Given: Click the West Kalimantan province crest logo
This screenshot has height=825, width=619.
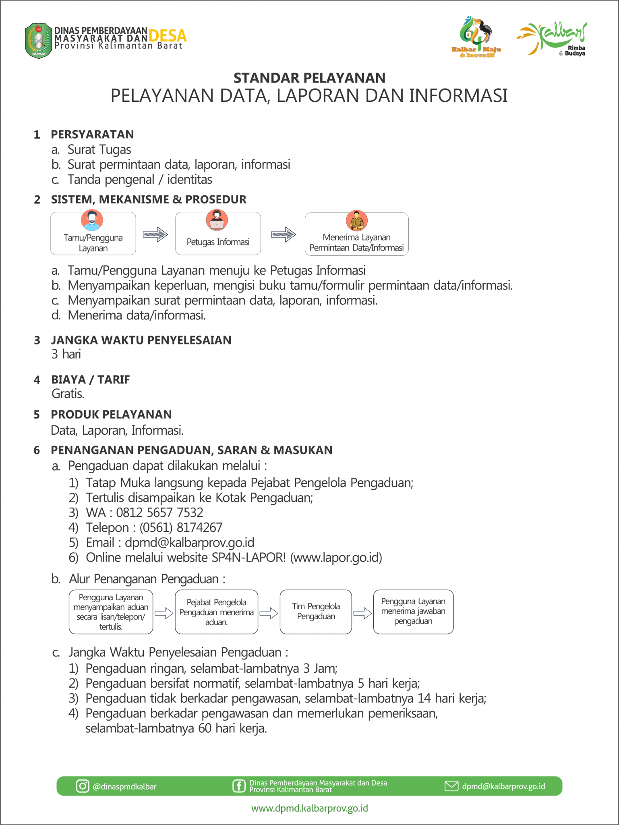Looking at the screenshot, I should coord(39,41).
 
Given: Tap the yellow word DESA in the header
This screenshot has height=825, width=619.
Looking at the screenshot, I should coord(168,36).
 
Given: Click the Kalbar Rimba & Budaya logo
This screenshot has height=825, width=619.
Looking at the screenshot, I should coord(552,39).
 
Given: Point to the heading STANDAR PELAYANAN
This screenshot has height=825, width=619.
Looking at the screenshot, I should coord(309,78).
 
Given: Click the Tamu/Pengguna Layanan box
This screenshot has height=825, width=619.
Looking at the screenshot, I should coord(93,234).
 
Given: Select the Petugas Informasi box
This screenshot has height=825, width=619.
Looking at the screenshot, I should coord(218,234).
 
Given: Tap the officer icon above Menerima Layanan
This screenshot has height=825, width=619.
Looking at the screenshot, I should coord(356,220).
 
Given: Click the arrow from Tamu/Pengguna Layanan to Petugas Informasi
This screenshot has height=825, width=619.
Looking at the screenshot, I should coord(155,234).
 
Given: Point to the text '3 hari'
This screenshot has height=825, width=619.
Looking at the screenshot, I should coord(66,354).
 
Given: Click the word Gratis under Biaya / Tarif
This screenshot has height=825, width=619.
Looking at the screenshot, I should coord(68,394).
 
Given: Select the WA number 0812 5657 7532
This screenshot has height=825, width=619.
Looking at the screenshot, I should coord(159,512).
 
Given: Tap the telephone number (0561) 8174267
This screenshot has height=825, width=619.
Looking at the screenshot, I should coord(181,527).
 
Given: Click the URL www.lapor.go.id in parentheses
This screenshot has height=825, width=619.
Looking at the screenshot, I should coord(336,558).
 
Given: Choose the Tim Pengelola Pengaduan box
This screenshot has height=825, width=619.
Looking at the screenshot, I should coord(316,611).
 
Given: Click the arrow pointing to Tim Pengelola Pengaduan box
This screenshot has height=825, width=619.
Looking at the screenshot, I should coord(269,613).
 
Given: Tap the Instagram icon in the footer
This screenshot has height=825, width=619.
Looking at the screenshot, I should coord(83,786).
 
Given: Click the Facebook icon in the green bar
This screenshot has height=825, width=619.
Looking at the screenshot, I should coord(239,786).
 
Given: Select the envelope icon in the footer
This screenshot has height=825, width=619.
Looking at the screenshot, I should coord(451,786).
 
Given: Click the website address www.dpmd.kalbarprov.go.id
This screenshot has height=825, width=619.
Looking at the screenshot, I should coord(309,808).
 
